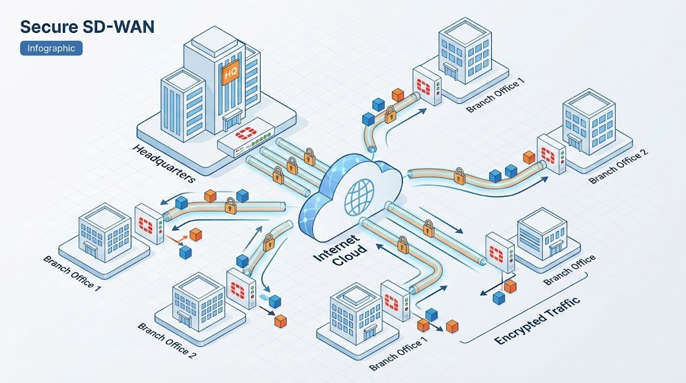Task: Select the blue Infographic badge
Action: tap(52, 48)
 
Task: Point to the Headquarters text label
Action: tap(163, 163)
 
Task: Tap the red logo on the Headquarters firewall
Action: tap(245, 139)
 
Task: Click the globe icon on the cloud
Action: tap(356, 194)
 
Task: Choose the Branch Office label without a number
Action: tap(569, 269)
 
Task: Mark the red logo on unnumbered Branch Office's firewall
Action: tap(496, 254)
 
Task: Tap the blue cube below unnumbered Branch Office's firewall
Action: tap(498, 297)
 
